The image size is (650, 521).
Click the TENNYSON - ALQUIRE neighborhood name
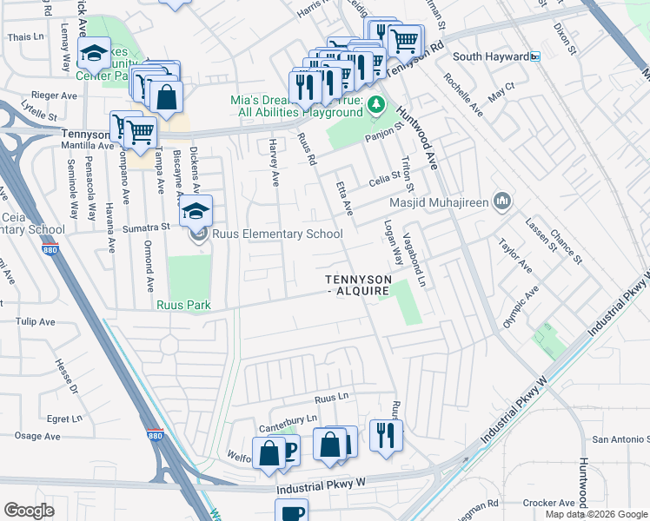[357, 285]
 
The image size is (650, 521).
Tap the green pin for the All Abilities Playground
[375, 106]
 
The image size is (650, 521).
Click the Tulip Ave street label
[35, 320]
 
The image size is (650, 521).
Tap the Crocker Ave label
[545, 503]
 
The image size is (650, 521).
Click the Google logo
[29, 511]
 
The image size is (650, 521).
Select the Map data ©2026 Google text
[595, 514]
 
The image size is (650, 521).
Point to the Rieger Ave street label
[54, 96]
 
